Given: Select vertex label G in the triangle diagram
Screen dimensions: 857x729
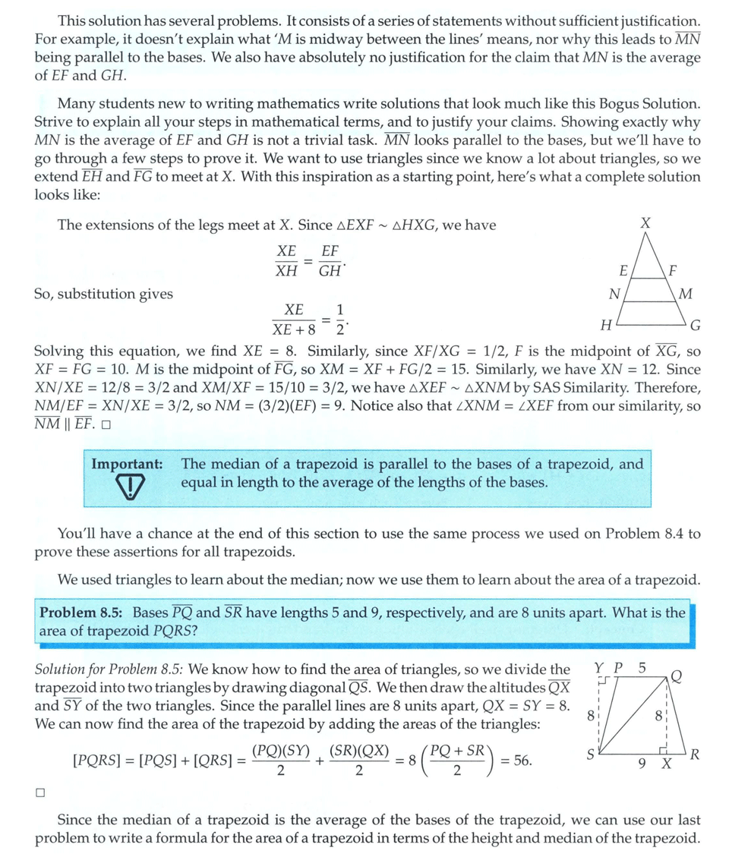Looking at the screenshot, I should pos(695,326).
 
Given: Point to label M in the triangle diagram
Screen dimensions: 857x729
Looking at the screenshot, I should pos(686,293).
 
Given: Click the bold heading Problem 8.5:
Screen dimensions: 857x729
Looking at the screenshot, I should pos(83,613).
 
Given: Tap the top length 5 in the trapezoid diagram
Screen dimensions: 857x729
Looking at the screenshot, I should pos(642,668).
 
